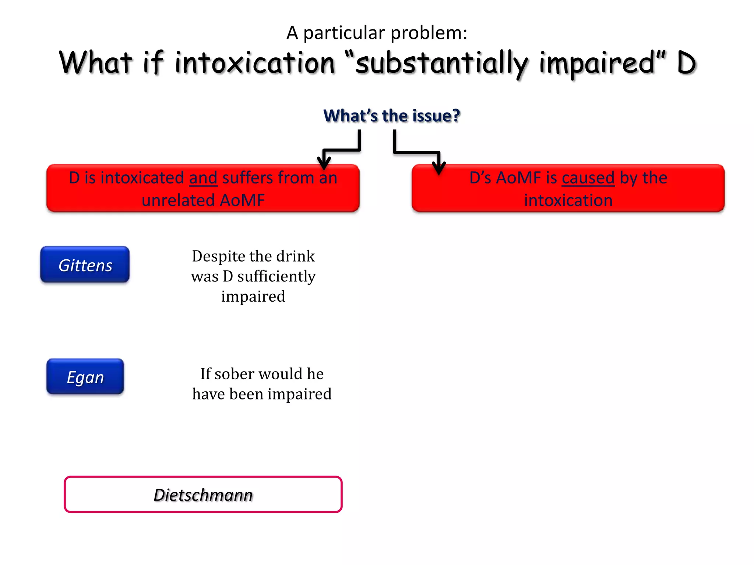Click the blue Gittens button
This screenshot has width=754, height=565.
85,265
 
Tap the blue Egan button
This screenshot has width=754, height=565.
85,377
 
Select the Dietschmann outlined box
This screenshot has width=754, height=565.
203,494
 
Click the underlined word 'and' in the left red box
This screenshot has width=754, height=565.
203,178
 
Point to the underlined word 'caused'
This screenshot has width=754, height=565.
588,178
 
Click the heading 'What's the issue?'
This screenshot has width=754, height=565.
391,116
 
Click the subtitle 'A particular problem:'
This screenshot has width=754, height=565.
377,33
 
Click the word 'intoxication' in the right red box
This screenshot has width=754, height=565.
568,200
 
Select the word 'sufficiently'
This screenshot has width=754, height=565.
276,276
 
